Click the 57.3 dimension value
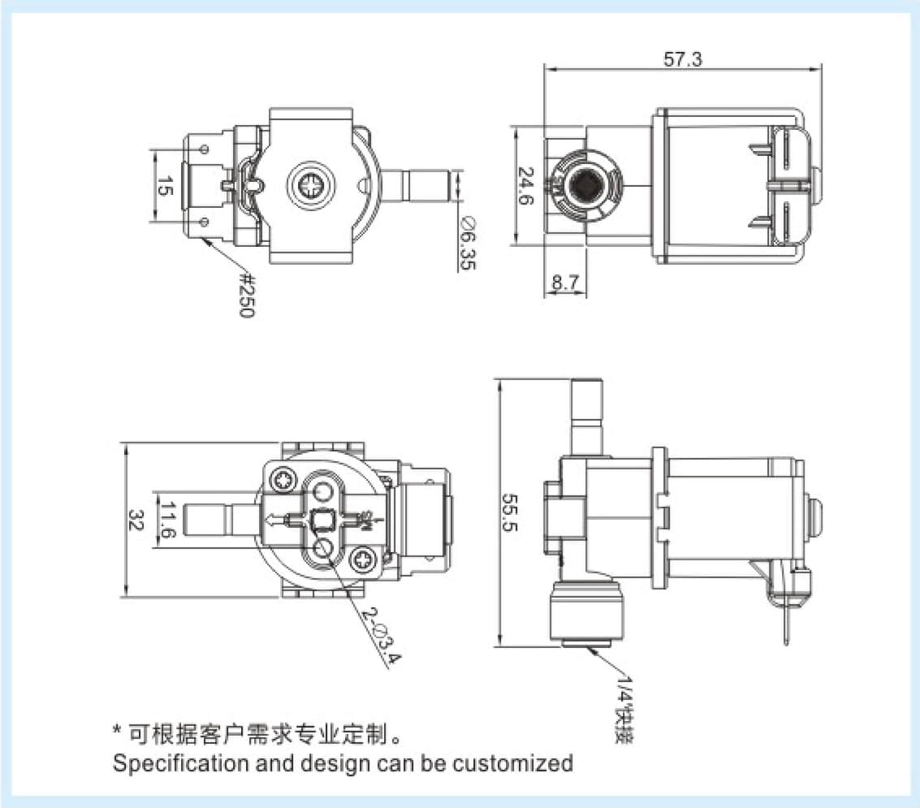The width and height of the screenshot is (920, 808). pos(682,59)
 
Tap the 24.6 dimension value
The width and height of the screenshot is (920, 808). pos(526,186)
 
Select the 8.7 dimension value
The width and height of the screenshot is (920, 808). pos(564,283)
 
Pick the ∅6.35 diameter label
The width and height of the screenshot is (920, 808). pos(469,241)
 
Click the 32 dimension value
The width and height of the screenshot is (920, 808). pos(137,521)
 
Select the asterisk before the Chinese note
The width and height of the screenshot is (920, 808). pos(117,732)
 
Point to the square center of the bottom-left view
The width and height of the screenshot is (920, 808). pos(323,518)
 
